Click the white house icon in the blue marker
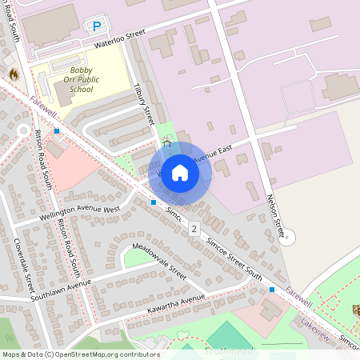click(x=180, y=173)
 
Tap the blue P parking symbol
click(x=97, y=26)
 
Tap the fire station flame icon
click(x=13, y=74)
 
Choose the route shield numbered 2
click(x=194, y=229)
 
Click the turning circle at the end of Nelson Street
click(x=290, y=237)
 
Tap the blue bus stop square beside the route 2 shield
click(x=154, y=202)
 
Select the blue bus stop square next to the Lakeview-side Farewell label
click(x=272, y=289)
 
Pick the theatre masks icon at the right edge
click(x=357, y=309)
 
